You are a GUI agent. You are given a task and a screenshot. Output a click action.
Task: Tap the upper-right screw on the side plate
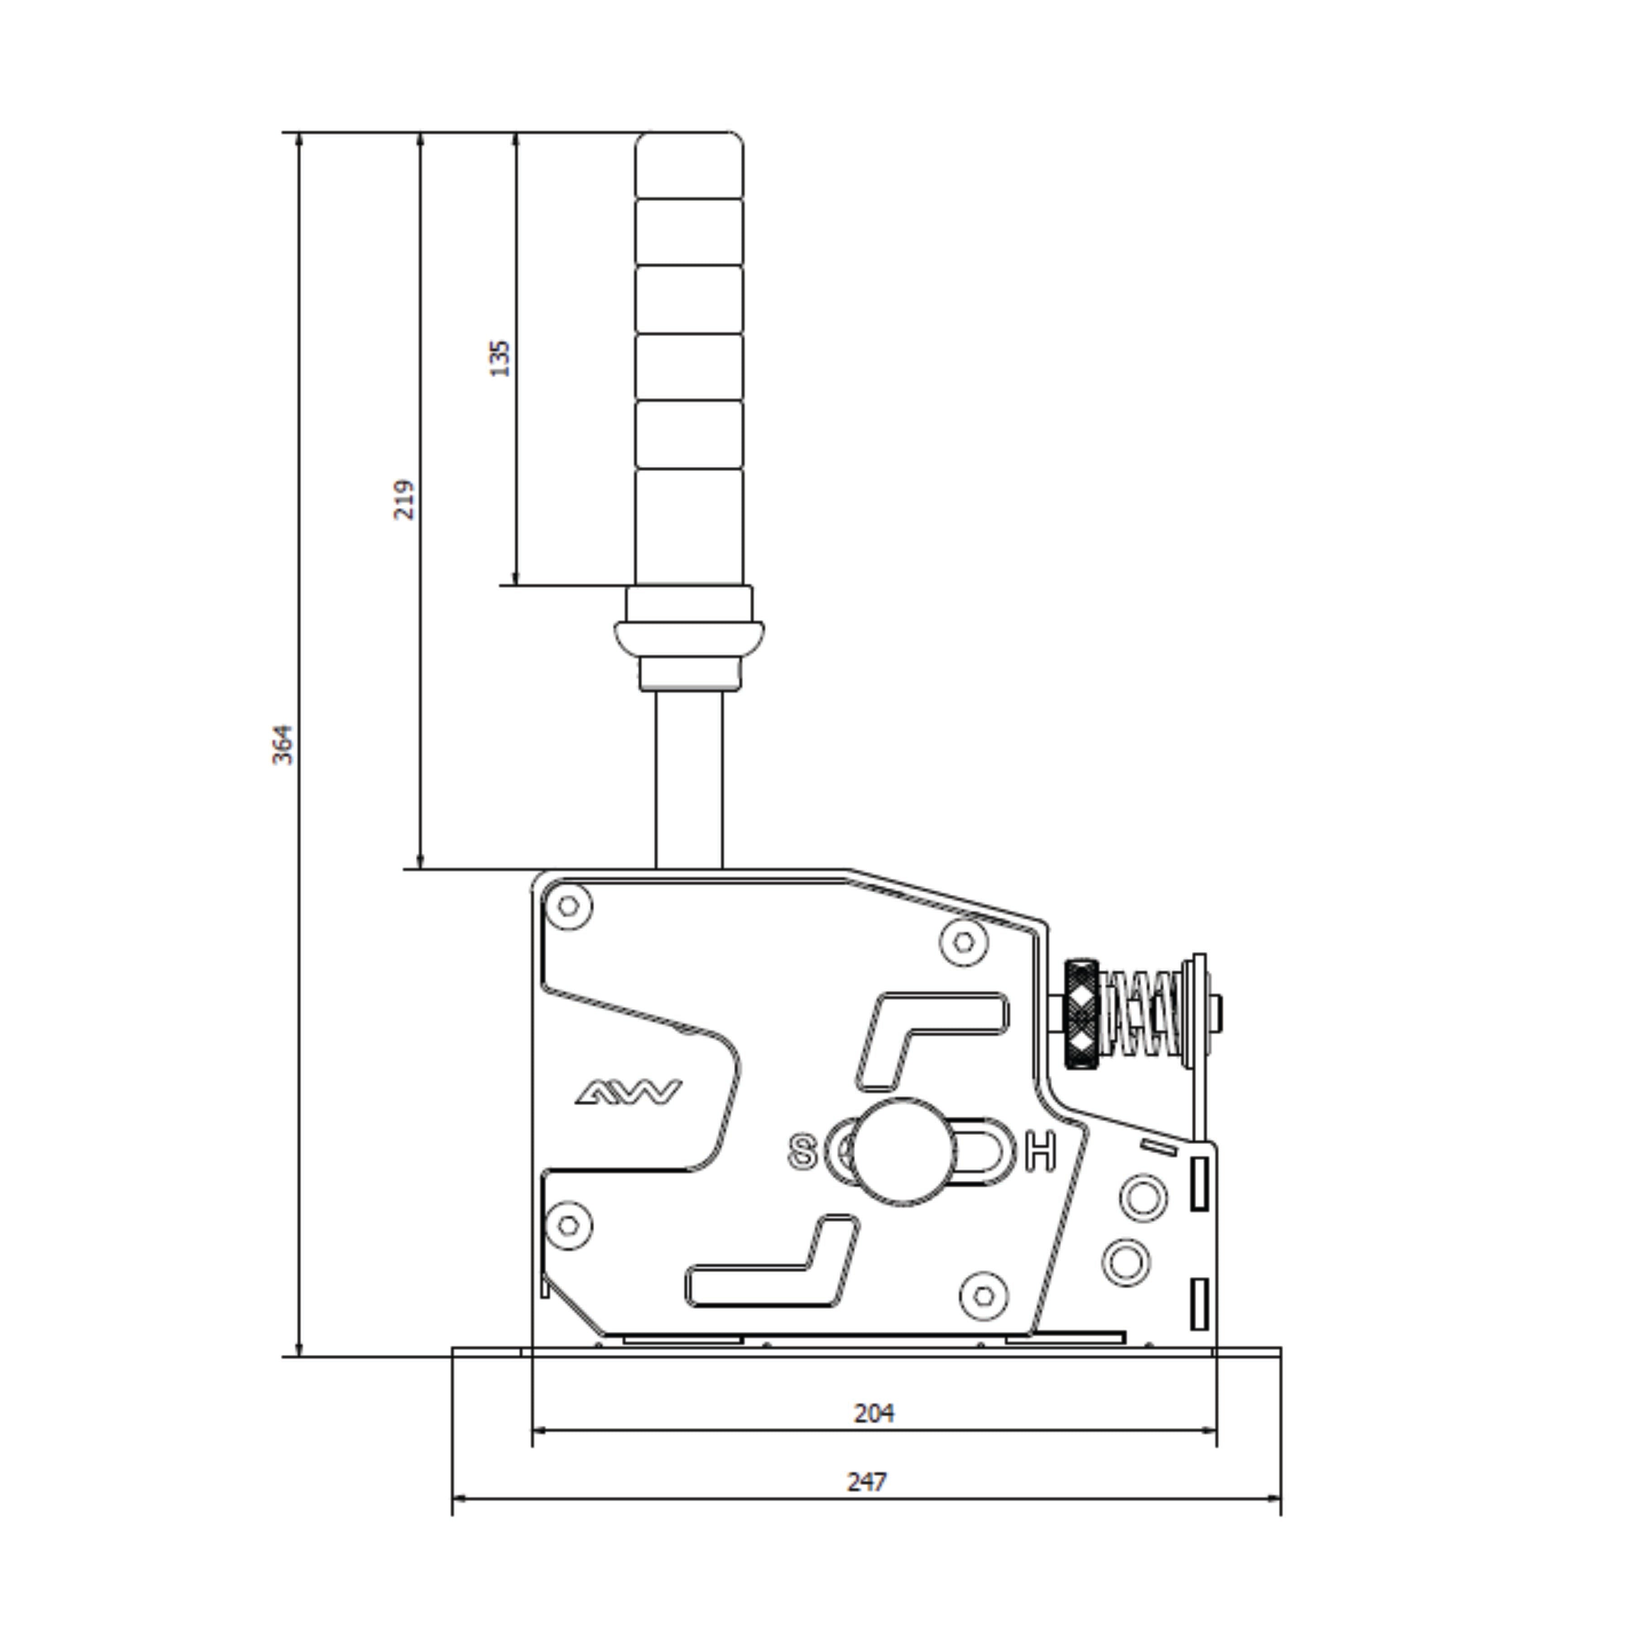[964, 941]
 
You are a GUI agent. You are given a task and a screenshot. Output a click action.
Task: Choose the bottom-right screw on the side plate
[983, 1296]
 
